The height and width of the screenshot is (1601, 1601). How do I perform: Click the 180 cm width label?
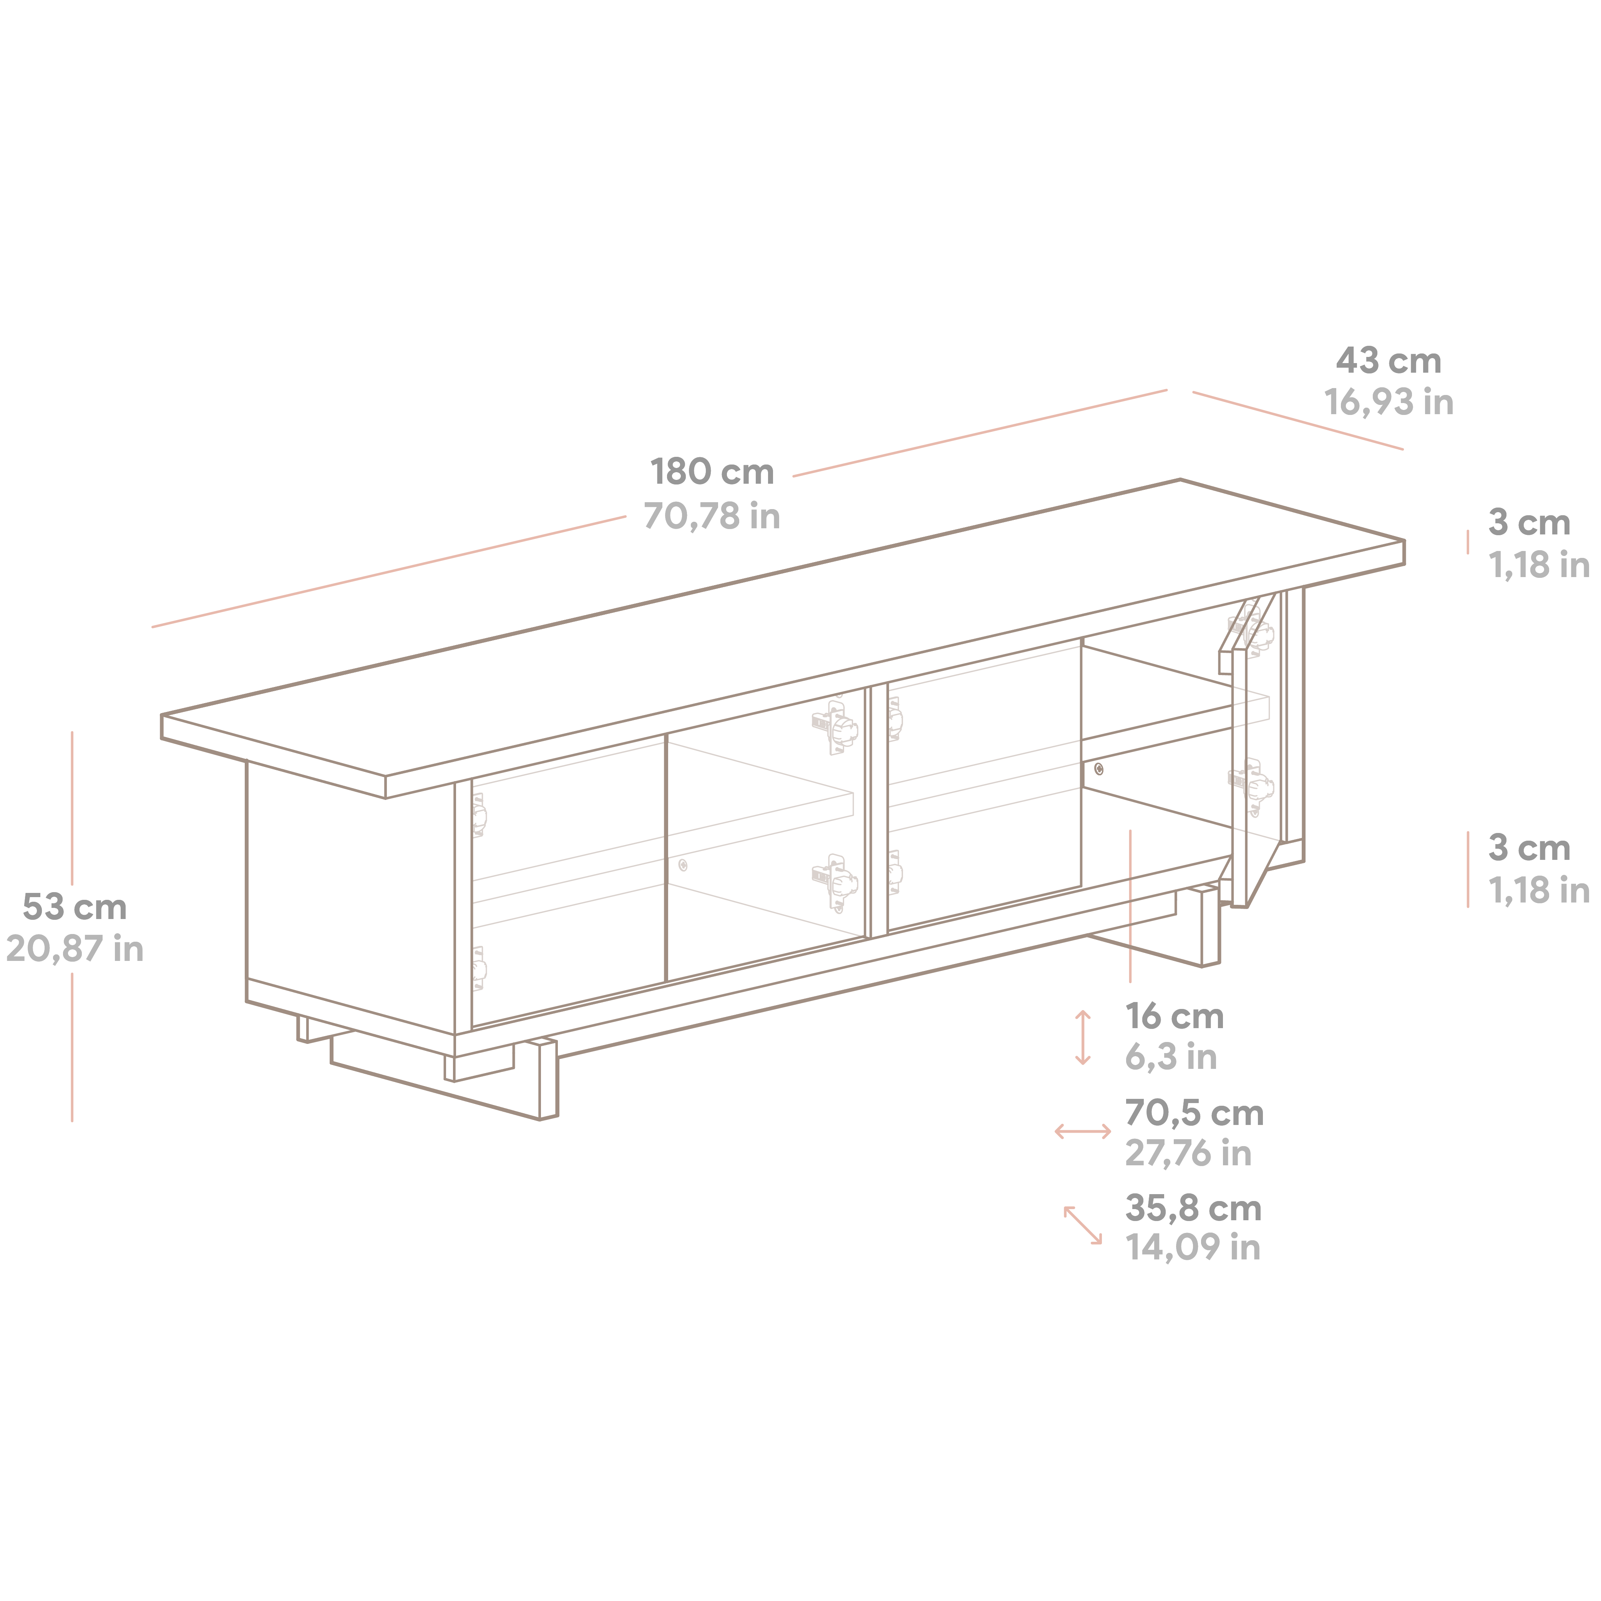(x=712, y=472)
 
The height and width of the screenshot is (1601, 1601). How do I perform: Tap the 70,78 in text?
(x=712, y=516)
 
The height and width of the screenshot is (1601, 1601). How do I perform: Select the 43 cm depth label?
(x=1389, y=361)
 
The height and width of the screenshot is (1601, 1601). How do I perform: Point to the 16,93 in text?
(x=1389, y=403)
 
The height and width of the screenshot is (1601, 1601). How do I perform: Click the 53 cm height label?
(x=75, y=908)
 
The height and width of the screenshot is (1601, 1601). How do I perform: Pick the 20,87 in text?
(x=75, y=949)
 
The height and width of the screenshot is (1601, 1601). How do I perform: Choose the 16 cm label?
(x=1174, y=1017)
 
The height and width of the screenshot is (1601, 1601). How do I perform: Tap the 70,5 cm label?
(x=1194, y=1114)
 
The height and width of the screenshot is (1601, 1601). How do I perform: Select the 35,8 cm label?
(x=1193, y=1209)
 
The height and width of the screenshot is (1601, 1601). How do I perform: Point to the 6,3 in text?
(x=1171, y=1057)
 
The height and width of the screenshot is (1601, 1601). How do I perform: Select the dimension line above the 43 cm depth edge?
(x=1298, y=421)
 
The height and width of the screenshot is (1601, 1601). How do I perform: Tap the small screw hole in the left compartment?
(x=683, y=865)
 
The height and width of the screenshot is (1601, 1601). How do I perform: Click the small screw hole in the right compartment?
(x=1099, y=769)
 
